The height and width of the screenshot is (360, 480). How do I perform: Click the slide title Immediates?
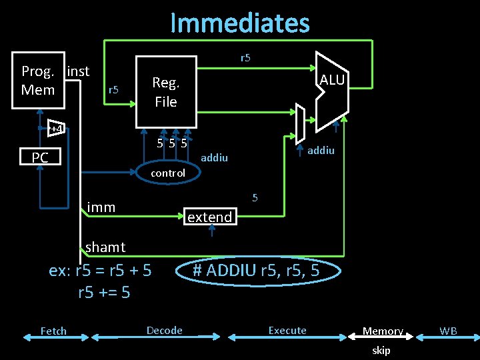tap(240, 23)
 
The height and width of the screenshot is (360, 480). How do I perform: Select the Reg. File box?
tap(166, 91)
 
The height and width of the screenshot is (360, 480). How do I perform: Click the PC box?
tap(40, 157)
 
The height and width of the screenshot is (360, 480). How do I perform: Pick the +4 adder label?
tap(56, 128)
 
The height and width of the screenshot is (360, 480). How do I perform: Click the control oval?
tap(168, 173)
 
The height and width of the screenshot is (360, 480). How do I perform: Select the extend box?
tap(210, 217)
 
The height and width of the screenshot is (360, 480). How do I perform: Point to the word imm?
tap(101, 207)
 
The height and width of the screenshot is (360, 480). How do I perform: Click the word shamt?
tap(105, 247)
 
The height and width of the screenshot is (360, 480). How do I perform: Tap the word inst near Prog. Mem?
tap(78, 71)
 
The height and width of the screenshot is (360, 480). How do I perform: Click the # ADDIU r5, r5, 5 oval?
tap(257, 271)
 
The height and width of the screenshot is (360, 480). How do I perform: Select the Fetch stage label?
tap(53, 331)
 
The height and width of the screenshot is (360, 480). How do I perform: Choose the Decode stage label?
tap(164, 331)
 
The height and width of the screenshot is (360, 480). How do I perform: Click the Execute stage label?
tap(287, 331)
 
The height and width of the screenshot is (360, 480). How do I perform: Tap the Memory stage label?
tap(382, 331)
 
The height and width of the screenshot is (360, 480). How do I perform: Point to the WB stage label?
tap(448, 331)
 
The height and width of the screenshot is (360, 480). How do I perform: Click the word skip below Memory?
tap(381, 351)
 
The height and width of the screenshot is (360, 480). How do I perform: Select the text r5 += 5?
tap(103, 293)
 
